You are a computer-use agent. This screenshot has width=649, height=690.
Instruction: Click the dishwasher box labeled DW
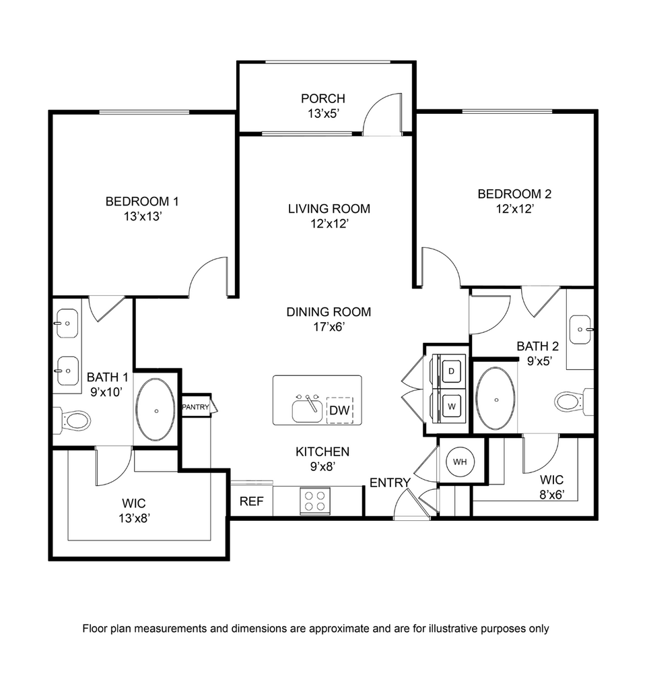tap(339, 410)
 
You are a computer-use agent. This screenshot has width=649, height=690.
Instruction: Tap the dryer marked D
tap(451, 371)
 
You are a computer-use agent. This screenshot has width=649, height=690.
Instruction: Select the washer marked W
tap(451, 406)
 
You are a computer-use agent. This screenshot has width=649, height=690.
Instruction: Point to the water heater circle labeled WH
tap(460, 462)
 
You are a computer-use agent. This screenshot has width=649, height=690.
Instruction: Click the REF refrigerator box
tap(252, 501)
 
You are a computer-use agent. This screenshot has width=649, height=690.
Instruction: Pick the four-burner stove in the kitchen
tap(315, 501)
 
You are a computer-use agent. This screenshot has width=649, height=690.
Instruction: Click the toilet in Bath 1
tap(73, 420)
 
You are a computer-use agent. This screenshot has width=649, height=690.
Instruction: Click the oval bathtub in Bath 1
tap(156, 409)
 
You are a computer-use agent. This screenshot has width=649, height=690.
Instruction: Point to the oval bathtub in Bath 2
tap(496, 398)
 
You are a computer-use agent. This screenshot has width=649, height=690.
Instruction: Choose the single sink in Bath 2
tap(581, 329)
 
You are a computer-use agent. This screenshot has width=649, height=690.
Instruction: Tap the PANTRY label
tap(196, 407)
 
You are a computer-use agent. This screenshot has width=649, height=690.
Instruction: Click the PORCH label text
tap(323, 98)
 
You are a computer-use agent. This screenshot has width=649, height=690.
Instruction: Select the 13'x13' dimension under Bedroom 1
tap(143, 216)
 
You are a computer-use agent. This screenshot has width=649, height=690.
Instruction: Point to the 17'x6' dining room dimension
tap(329, 327)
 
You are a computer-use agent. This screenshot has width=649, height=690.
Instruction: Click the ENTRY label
tap(390, 482)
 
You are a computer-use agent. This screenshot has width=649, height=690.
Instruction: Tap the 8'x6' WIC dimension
tap(552, 495)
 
